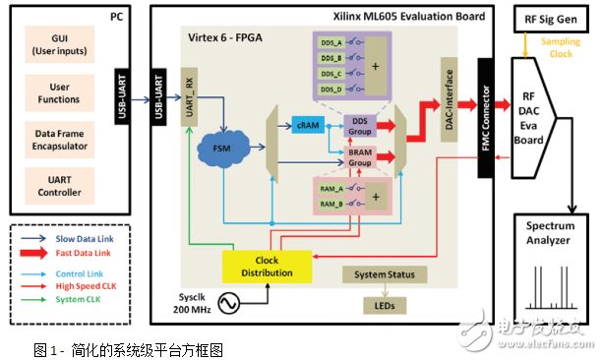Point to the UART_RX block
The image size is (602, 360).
(x=190, y=99)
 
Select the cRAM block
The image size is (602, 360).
(x=304, y=127)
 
